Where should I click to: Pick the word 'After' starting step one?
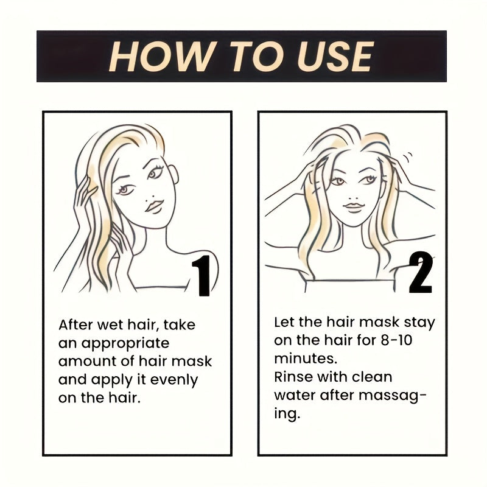(x=76, y=325)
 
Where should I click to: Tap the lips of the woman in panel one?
(x=153, y=206)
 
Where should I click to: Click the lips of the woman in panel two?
(x=354, y=207)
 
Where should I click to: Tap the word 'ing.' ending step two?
(x=287, y=414)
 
